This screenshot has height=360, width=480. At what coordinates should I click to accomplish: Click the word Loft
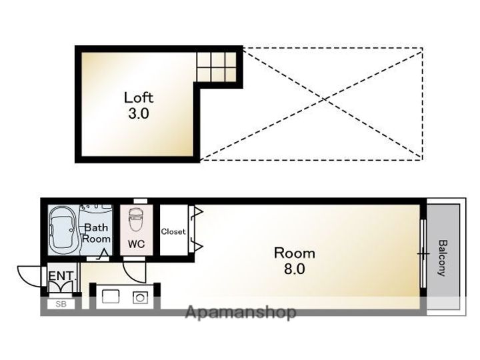139,97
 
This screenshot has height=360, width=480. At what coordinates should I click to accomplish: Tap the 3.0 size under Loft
139,113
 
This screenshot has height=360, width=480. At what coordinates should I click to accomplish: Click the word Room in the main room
294,253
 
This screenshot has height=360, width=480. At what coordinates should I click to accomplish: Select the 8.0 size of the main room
294,269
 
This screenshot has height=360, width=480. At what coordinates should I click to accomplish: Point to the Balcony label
443,258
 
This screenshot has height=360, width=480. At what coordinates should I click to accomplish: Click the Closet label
173,231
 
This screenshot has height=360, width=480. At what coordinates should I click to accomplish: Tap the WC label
136,244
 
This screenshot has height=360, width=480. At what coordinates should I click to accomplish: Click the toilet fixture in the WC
135,219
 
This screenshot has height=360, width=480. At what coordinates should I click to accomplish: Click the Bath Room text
96,233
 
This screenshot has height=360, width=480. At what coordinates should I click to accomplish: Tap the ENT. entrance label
61,276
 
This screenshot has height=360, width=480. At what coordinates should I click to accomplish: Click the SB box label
61,304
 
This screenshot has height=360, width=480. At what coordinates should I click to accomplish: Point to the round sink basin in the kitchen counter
140,297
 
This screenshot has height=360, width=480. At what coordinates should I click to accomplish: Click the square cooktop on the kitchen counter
111,296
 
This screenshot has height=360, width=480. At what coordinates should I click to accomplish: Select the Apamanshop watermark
241,312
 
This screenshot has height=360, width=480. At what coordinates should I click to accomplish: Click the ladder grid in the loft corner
217,67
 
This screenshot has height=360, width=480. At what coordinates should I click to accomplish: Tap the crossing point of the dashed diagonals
325,99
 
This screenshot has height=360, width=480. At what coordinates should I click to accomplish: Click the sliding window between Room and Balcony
423,253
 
